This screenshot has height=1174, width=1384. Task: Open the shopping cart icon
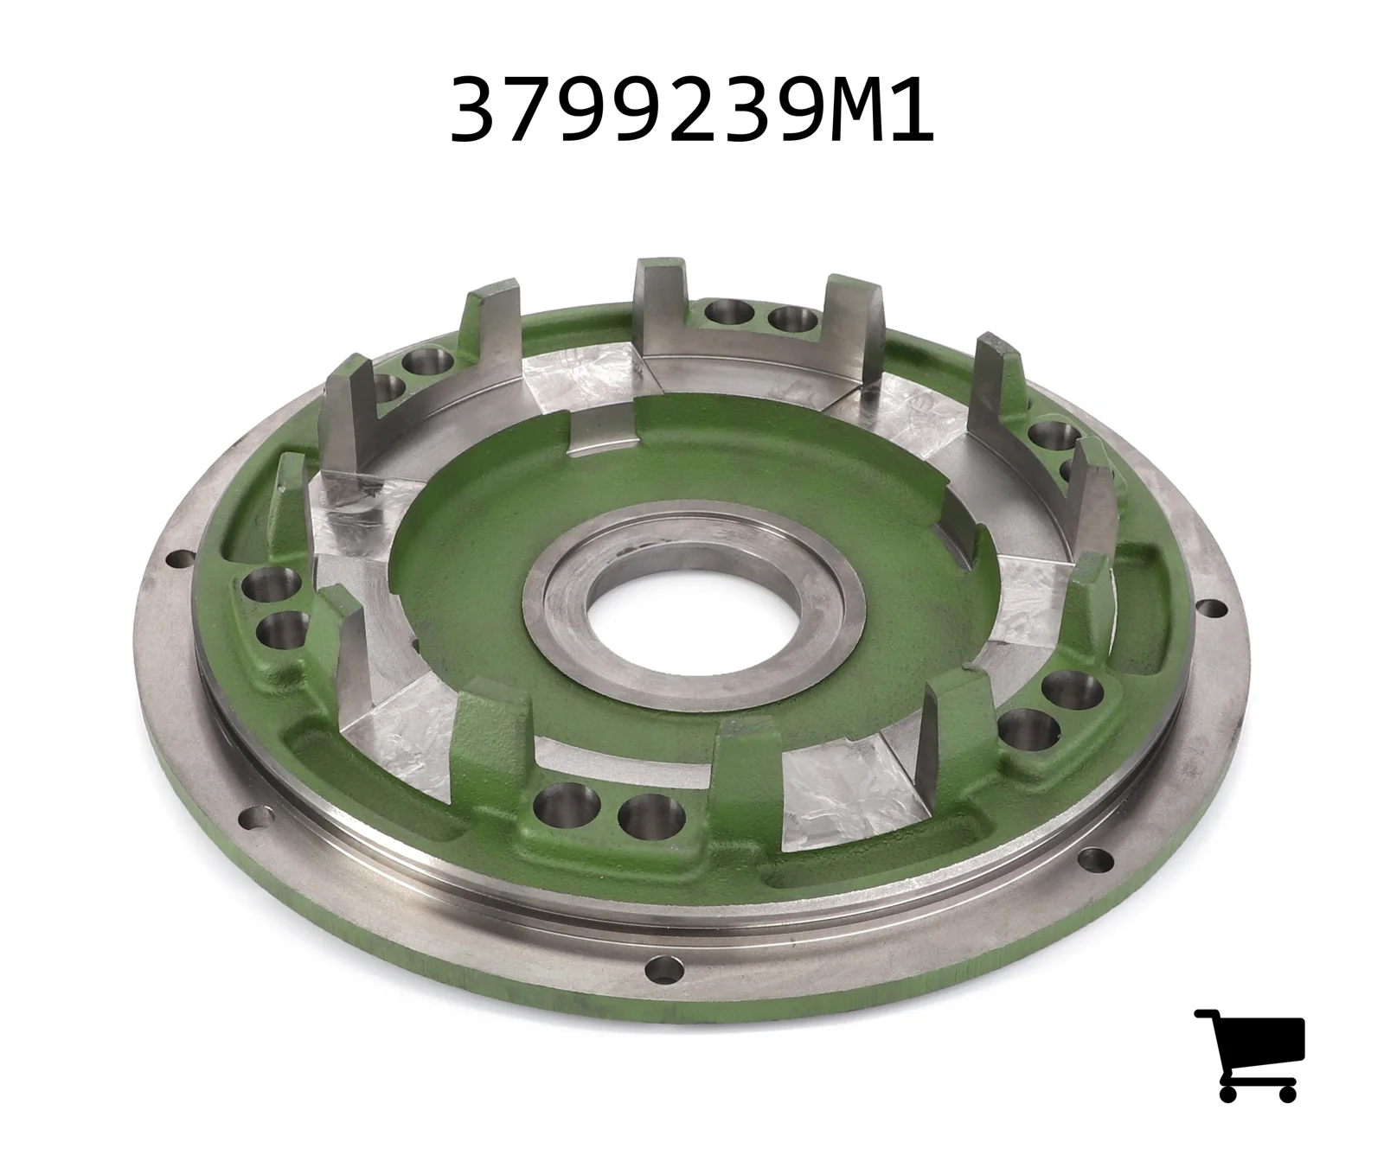[x=1250, y=1054]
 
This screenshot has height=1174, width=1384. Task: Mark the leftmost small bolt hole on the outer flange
[x=180, y=558]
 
